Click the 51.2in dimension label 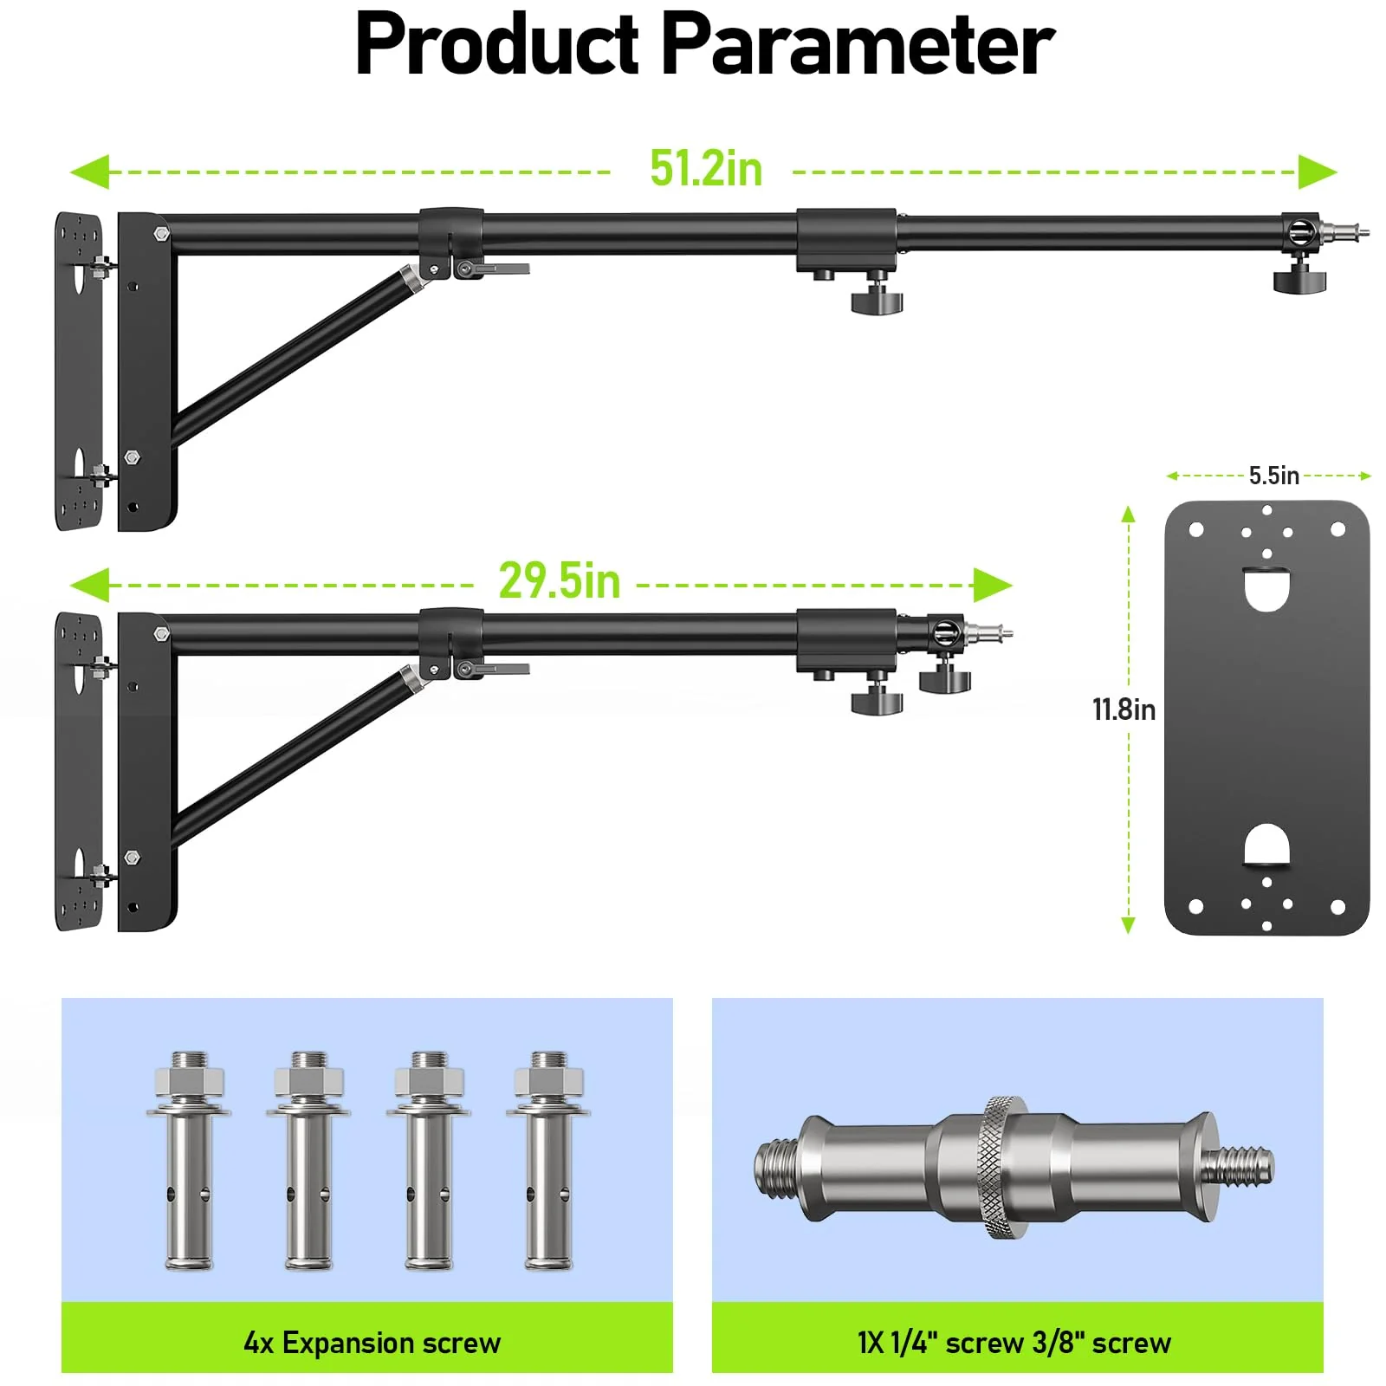pyautogui.click(x=706, y=168)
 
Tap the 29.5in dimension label pyautogui.click(x=560, y=580)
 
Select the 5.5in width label pyautogui.click(x=1273, y=476)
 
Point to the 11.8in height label pyautogui.click(x=1124, y=710)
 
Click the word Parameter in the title pyautogui.click(x=858, y=45)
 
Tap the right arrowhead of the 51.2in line pyautogui.click(x=1318, y=172)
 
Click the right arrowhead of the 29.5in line pyautogui.click(x=993, y=586)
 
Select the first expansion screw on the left pyautogui.click(x=189, y=1161)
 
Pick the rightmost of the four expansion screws pyautogui.click(x=548, y=1161)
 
